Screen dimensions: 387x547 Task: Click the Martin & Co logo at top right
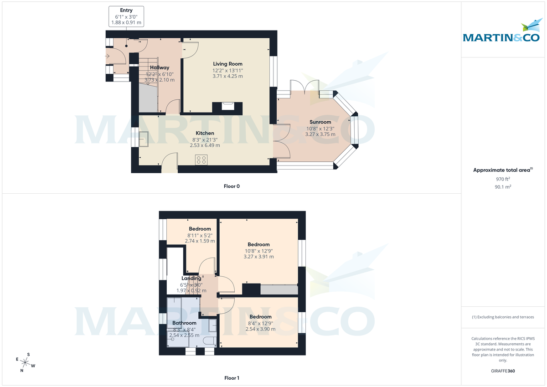click(504, 34)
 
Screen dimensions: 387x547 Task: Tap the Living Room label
click(227, 64)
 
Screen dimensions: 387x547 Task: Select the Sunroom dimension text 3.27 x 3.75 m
click(320, 134)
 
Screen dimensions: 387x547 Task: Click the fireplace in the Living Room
click(227, 107)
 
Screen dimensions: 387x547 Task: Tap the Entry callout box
click(126, 16)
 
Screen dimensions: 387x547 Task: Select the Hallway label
click(160, 67)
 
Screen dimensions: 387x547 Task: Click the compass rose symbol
click(26, 362)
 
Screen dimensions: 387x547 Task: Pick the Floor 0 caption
click(232, 186)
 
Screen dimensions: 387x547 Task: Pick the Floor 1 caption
click(232, 378)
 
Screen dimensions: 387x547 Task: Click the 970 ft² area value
click(503, 179)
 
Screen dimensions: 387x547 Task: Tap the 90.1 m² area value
click(503, 187)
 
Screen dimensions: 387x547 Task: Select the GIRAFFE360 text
click(503, 371)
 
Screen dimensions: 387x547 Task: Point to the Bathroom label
click(184, 323)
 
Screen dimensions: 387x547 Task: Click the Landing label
click(191, 278)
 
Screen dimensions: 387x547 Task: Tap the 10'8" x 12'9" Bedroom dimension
click(258, 251)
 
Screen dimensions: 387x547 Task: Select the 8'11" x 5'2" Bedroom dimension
click(200, 235)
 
